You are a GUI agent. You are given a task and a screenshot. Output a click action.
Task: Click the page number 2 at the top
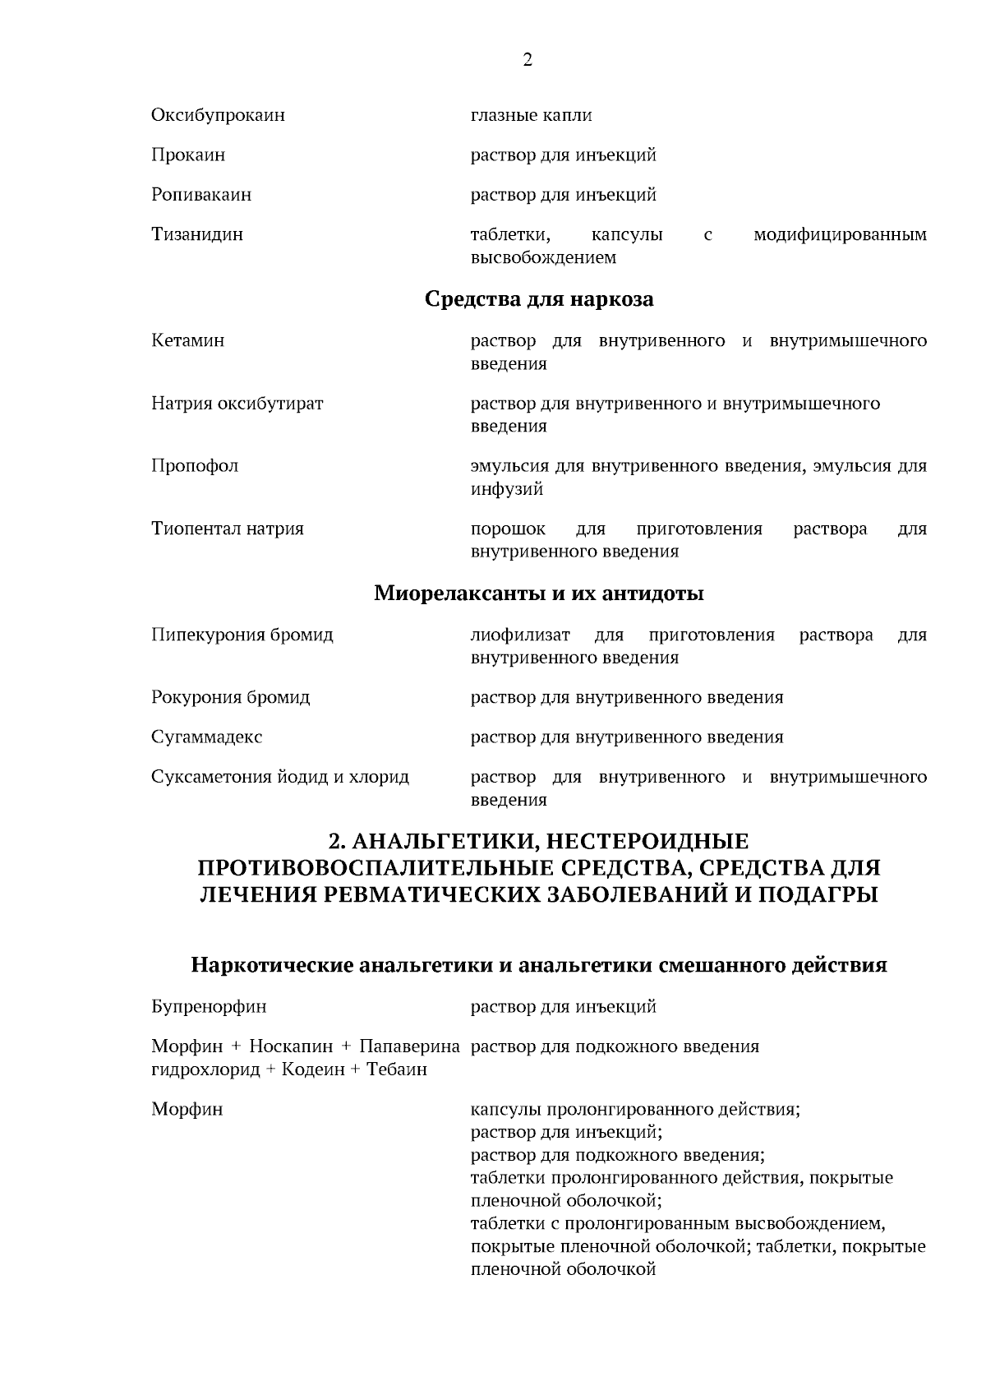[x=527, y=60]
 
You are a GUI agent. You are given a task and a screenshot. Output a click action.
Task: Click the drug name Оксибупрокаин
[x=218, y=115]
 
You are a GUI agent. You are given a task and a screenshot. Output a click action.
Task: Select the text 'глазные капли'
[x=531, y=115]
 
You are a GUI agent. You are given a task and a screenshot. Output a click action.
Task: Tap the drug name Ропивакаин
[x=201, y=195]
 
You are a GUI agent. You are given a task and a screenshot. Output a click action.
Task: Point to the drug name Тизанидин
[x=197, y=234]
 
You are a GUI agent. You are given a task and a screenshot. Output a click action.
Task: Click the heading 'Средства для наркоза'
[x=539, y=299]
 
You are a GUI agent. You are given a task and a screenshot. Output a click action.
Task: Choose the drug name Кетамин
[x=187, y=340]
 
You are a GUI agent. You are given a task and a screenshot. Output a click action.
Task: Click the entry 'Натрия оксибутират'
[x=237, y=404]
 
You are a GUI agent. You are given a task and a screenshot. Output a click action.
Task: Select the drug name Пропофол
[x=195, y=466]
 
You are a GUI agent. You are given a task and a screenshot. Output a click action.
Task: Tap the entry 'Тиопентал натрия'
[x=228, y=529]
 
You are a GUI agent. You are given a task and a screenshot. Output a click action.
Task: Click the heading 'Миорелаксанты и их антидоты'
[x=539, y=593]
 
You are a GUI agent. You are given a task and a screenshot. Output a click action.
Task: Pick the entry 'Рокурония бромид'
[x=230, y=698]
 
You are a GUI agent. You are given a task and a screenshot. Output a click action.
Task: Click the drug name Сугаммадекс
[x=206, y=737]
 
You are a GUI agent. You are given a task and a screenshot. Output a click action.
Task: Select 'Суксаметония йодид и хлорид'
[x=279, y=777]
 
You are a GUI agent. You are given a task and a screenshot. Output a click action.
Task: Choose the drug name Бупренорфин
[x=209, y=1007]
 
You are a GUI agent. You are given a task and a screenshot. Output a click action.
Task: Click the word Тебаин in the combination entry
[x=397, y=1070]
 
